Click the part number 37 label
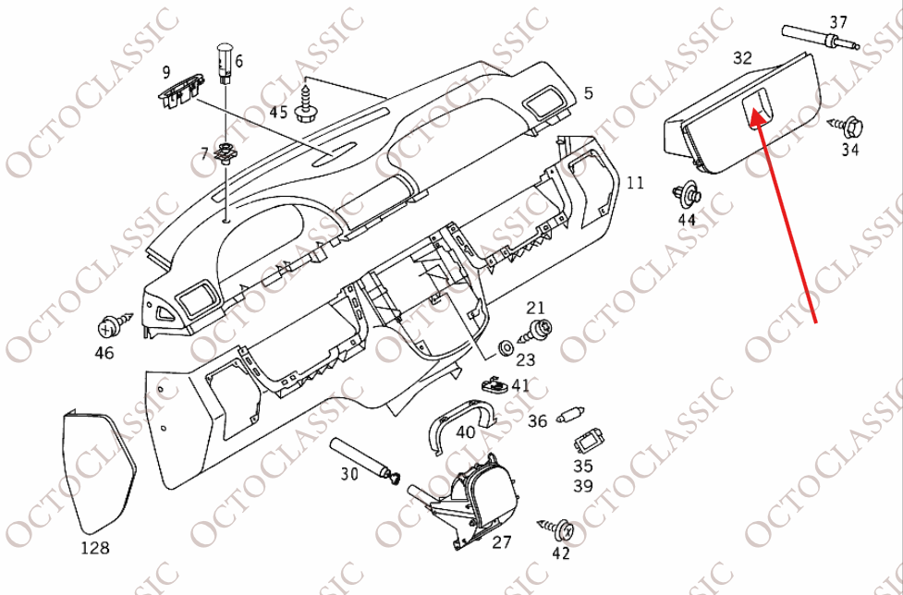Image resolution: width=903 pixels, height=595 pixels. point(838,22)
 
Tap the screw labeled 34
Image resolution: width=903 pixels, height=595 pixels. point(847,125)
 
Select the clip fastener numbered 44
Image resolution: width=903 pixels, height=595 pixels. point(687,195)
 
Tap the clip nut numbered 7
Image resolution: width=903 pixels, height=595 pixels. point(226,152)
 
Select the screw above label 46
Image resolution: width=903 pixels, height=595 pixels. point(115,324)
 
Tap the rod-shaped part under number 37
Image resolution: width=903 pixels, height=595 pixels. point(820,39)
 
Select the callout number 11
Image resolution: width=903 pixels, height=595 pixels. point(635,183)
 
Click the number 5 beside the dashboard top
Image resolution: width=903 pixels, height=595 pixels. point(588,92)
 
